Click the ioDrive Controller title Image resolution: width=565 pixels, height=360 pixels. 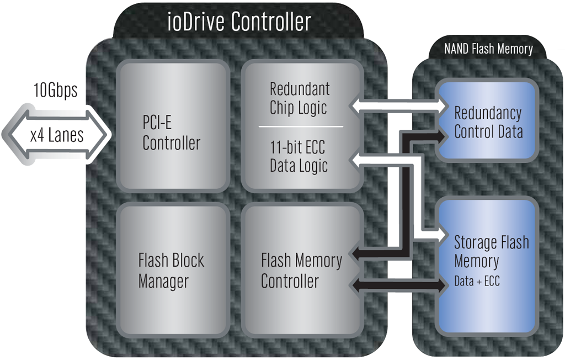pos(239,23)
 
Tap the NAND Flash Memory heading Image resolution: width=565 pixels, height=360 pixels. pos(488,49)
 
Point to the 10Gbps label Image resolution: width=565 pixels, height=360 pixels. pos(55,90)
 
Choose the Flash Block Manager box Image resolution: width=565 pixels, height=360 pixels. pos(172,271)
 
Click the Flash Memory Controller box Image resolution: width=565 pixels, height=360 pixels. pos(301,271)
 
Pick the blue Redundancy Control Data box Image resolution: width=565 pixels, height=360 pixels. pos(488,122)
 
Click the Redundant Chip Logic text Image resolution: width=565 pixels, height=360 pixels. pos(300,98)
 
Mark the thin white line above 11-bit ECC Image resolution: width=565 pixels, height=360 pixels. pos(301,127)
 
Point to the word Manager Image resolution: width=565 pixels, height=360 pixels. pos(163,282)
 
